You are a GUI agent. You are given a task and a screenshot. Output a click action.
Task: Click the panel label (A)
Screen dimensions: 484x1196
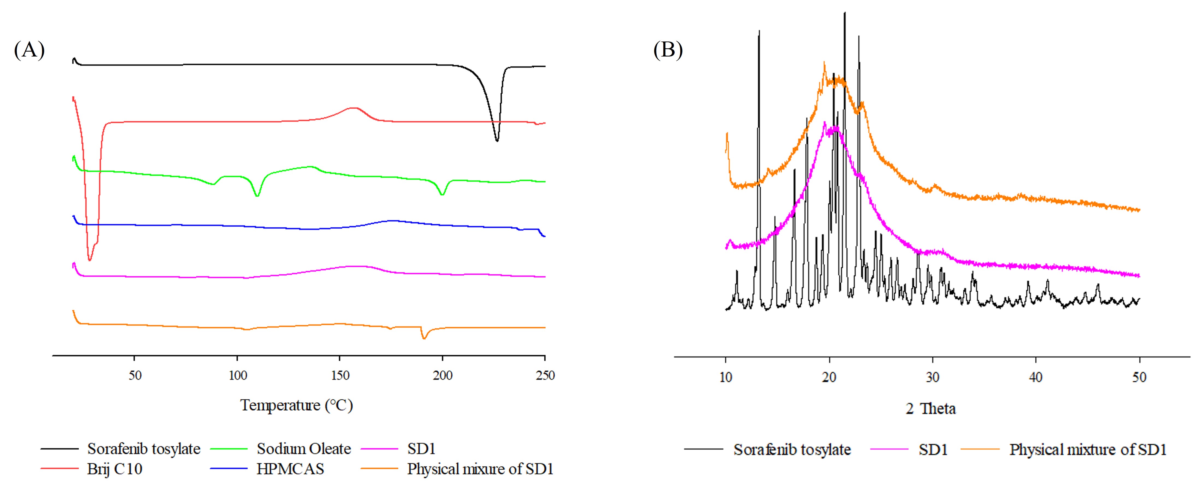pyautogui.click(x=29, y=50)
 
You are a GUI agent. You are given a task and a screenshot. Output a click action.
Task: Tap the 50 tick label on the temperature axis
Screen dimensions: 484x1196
pyautogui.click(x=135, y=375)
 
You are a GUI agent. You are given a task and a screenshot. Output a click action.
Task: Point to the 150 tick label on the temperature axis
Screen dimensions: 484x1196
pyautogui.click(x=340, y=375)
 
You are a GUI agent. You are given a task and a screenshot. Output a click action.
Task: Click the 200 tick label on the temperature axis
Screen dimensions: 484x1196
pyautogui.click(x=442, y=375)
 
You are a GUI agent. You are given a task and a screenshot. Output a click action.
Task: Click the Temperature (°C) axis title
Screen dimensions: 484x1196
pyautogui.click(x=297, y=405)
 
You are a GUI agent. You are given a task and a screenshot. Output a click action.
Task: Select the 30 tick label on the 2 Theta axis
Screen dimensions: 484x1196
pyautogui.click(x=932, y=377)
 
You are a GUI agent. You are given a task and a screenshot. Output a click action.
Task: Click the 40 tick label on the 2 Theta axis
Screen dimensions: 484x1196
pyautogui.click(x=1036, y=377)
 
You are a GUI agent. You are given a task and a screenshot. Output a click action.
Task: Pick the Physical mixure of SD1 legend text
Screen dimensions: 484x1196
pyautogui.click(x=480, y=469)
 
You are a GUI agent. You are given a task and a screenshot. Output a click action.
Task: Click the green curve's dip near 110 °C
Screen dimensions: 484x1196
pyautogui.click(x=257, y=196)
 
